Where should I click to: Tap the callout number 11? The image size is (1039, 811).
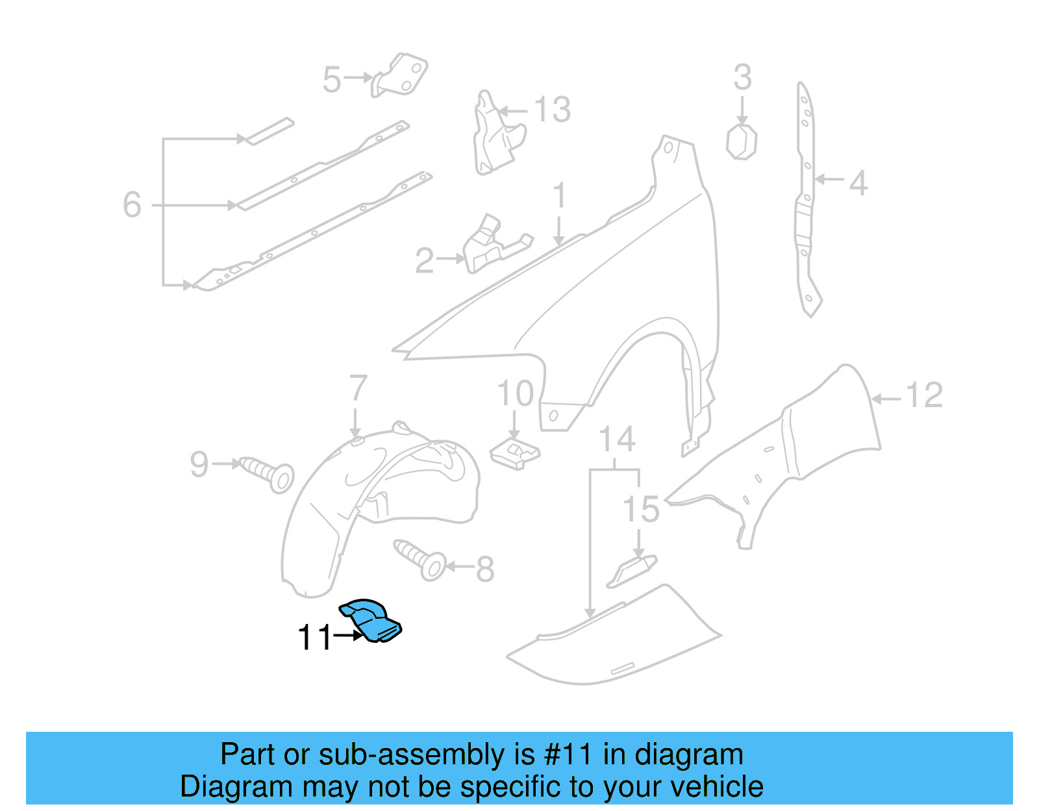point(314,638)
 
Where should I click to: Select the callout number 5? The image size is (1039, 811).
point(331,79)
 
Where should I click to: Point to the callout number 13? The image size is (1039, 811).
point(553,110)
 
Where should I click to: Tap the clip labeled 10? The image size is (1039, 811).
point(514,452)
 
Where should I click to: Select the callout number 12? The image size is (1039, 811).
point(923,395)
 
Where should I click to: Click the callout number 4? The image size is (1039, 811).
point(858,183)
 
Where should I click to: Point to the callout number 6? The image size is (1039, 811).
point(132,205)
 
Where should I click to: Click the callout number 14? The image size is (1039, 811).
point(616,440)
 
